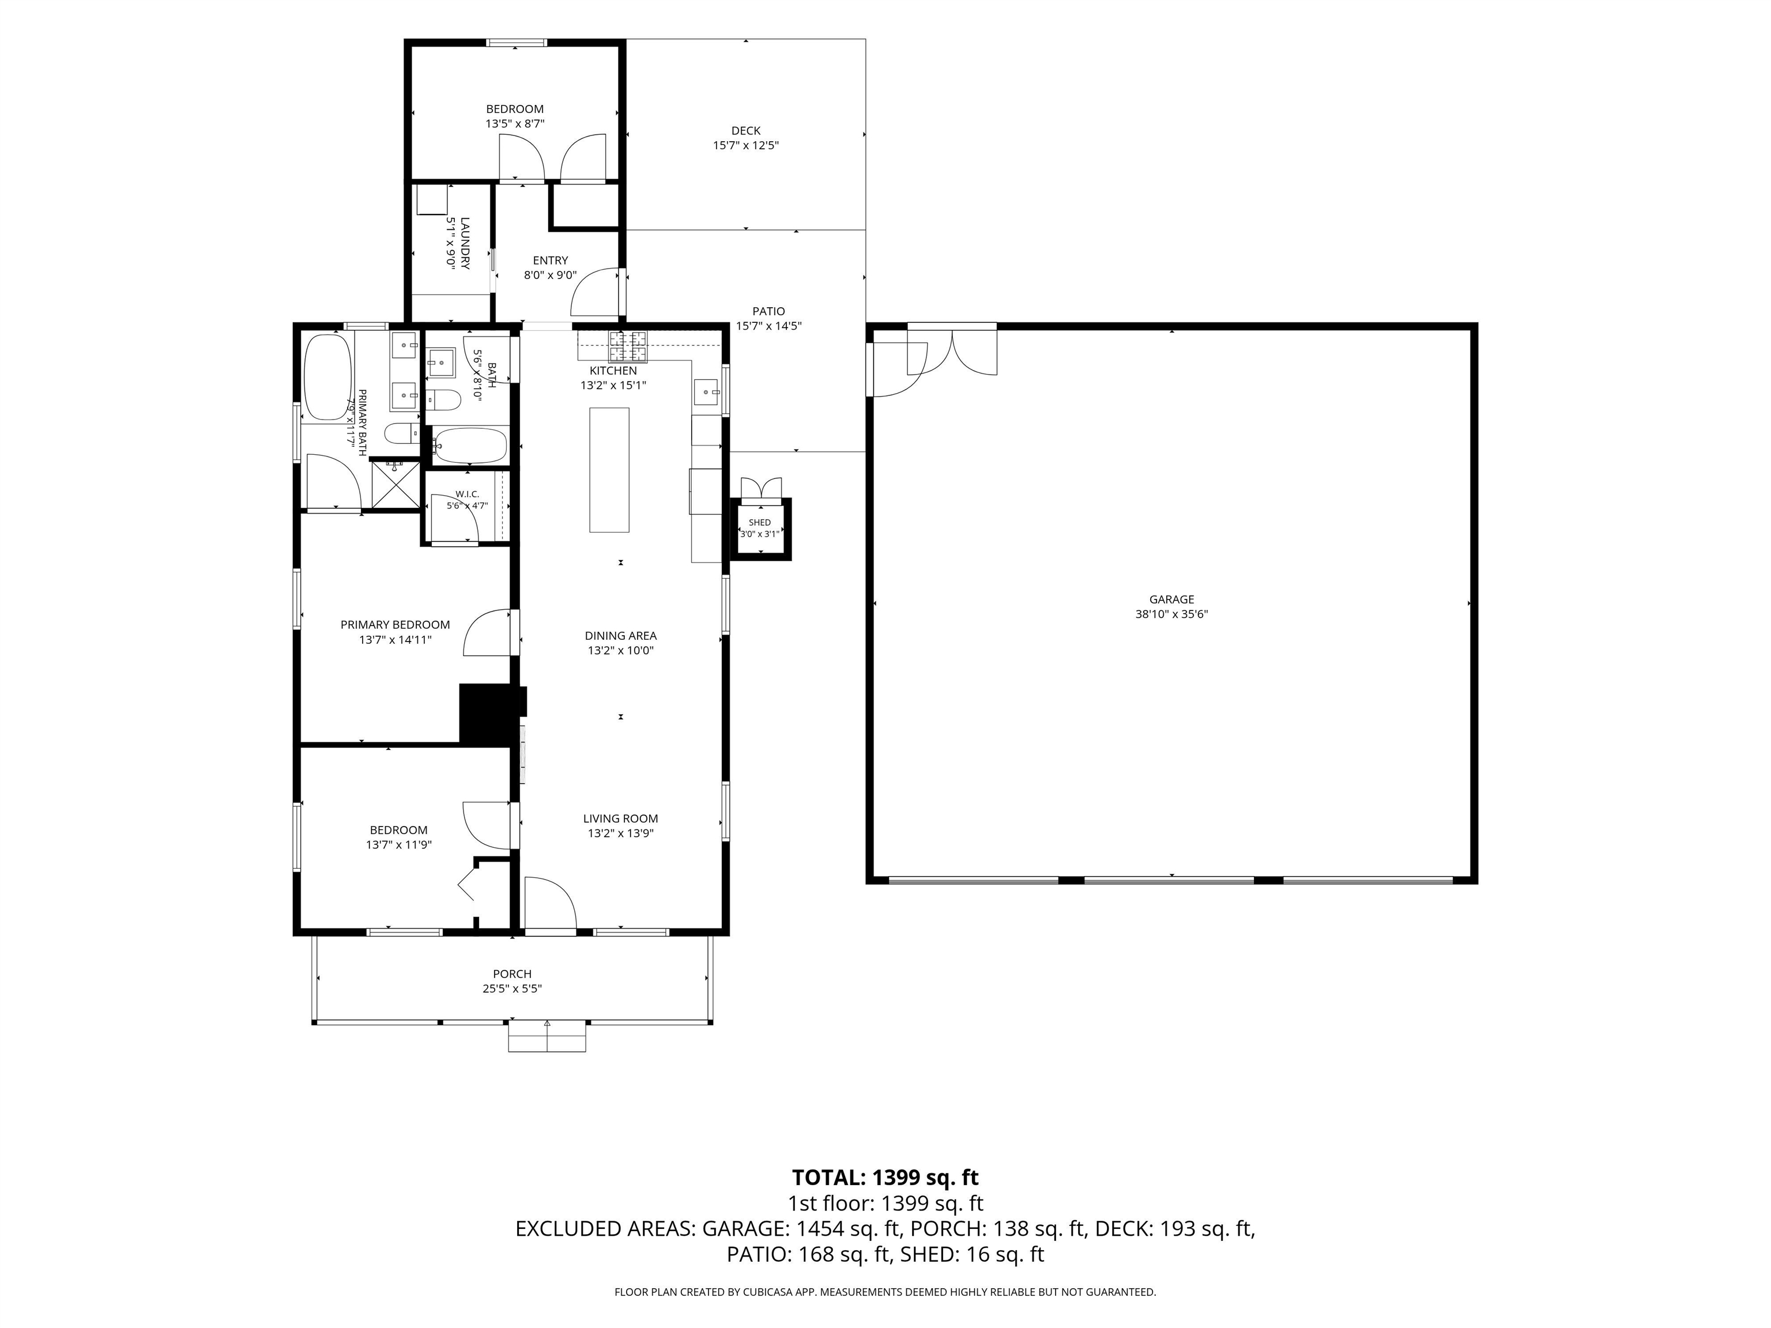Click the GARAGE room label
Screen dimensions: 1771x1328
[x=1171, y=599]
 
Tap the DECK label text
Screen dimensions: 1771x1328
[x=745, y=130]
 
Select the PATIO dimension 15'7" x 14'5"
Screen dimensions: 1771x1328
[x=768, y=326]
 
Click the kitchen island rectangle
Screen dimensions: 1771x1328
[x=609, y=470]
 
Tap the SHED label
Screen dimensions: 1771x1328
[x=760, y=523]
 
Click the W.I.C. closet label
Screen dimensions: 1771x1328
[x=467, y=494]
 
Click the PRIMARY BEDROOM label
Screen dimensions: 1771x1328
[x=395, y=624]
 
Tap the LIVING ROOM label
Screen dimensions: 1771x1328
[x=620, y=818]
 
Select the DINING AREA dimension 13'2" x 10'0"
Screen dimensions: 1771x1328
[x=620, y=651]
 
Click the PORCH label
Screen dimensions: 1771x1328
[x=513, y=974]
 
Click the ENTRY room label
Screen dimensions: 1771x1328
[x=550, y=260]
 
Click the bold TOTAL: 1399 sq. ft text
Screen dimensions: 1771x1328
[x=885, y=1178]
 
